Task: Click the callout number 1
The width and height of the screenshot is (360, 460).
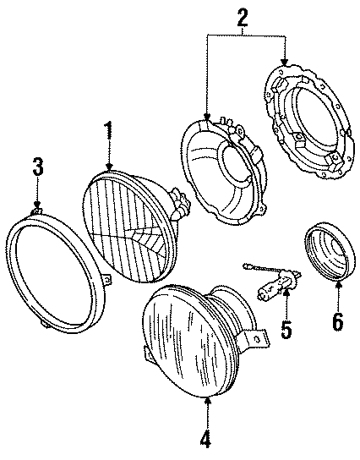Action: pos(108,133)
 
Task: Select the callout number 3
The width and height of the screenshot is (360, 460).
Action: pos(36,167)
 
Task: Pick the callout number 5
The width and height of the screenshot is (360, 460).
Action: pos(286,327)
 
